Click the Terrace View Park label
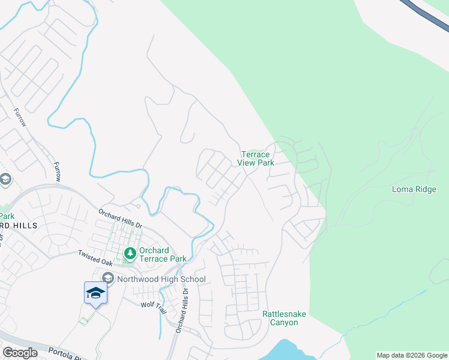pos(256,158)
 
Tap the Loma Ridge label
pos(414,189)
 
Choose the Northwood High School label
pos(161,279)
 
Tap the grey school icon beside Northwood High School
pos(108,278)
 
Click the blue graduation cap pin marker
pos(95,293)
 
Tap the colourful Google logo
pos(20,353)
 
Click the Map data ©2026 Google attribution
pos(411,355)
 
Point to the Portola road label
pos(62,351)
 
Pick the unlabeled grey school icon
pos(5,179)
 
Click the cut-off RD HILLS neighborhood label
pos(19,226)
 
